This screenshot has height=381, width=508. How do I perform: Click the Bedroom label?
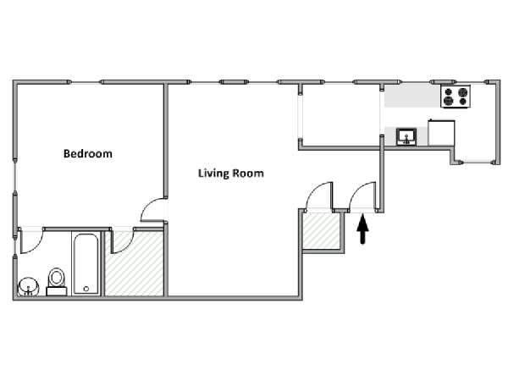tap(88, 153)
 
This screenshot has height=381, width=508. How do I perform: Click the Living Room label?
tap(231, 173)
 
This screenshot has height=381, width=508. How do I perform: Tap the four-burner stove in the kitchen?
tap(456, 97)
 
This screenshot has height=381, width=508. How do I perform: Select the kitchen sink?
tap(406, 136)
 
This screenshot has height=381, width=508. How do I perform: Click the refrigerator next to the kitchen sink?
tap(441, 133)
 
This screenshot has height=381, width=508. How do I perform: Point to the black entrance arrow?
tap(362, 229)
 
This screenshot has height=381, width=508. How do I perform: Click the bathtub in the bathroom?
tap(86, 263)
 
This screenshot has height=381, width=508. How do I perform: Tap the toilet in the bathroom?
tap(57, 281)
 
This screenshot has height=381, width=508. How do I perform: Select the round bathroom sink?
tap(28, 287)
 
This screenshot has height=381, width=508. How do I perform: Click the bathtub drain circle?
tap(86, 289)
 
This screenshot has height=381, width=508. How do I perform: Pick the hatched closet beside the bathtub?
tap(134, 263)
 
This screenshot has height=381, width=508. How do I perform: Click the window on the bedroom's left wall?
tap(15, 175)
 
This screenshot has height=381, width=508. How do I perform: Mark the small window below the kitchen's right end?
tap(477, 162)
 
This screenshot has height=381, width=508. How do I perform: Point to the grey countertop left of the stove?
tap(412, 97)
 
